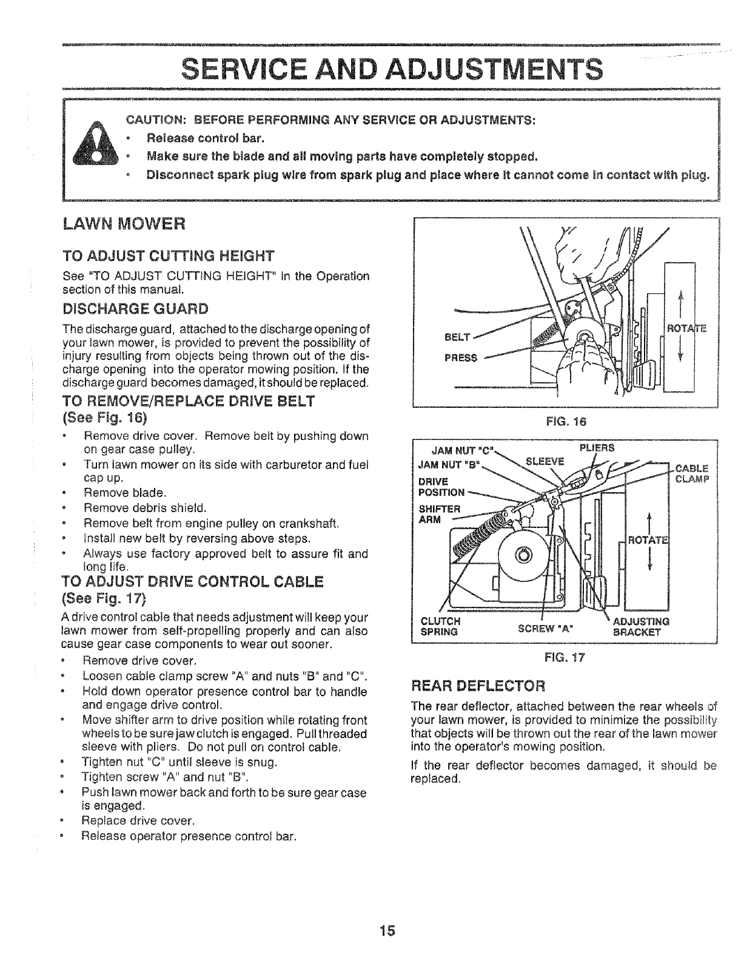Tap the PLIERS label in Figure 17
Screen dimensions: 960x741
pos(597,448)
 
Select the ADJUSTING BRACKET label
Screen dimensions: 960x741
pos(641,626)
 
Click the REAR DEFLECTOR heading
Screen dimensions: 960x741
pos(479,686)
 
